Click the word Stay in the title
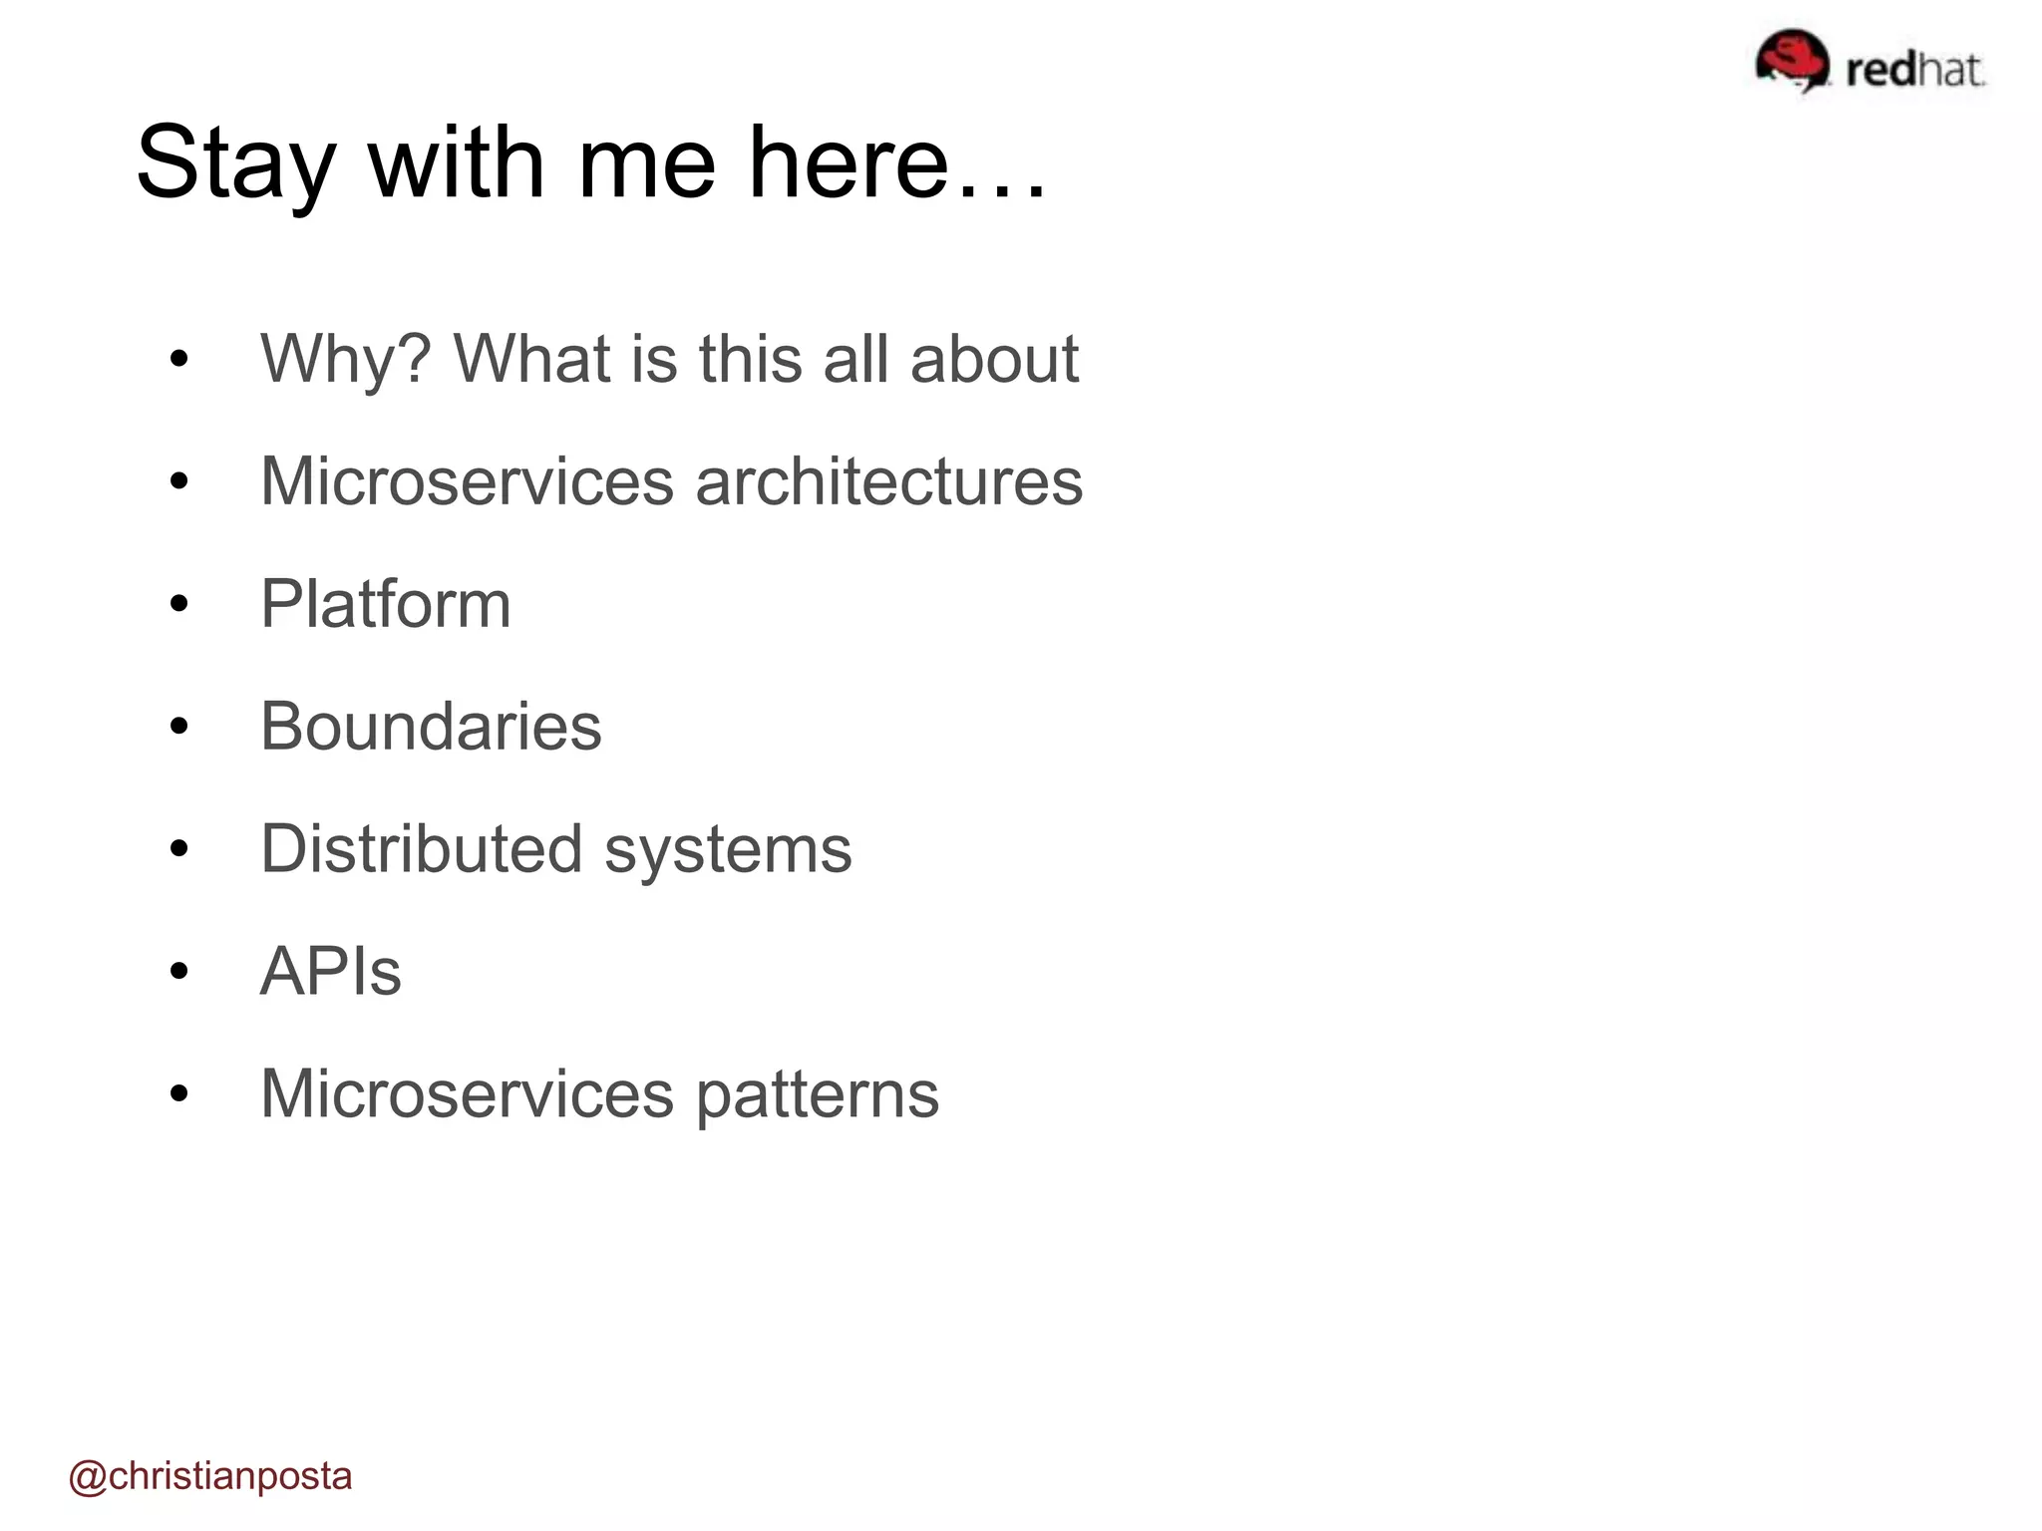click(x=235, y=164)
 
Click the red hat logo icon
click(x=1792, y=62)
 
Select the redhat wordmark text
click(x=1914, y=70)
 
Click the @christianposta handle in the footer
click(x=210, y=1476)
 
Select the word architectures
click(x=888, y=481)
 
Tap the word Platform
click(x=386, y=604)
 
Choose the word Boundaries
click(x=431, y=727)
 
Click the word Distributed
click(x=421, y=849)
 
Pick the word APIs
click(x=330, y=972)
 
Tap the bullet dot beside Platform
click(x=179, y=604)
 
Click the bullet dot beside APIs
click(x=179, y=972)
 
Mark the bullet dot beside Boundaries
click(x=179, y=727)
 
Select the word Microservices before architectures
click(x=467, y=481)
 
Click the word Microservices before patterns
click(x=467, y=1094)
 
